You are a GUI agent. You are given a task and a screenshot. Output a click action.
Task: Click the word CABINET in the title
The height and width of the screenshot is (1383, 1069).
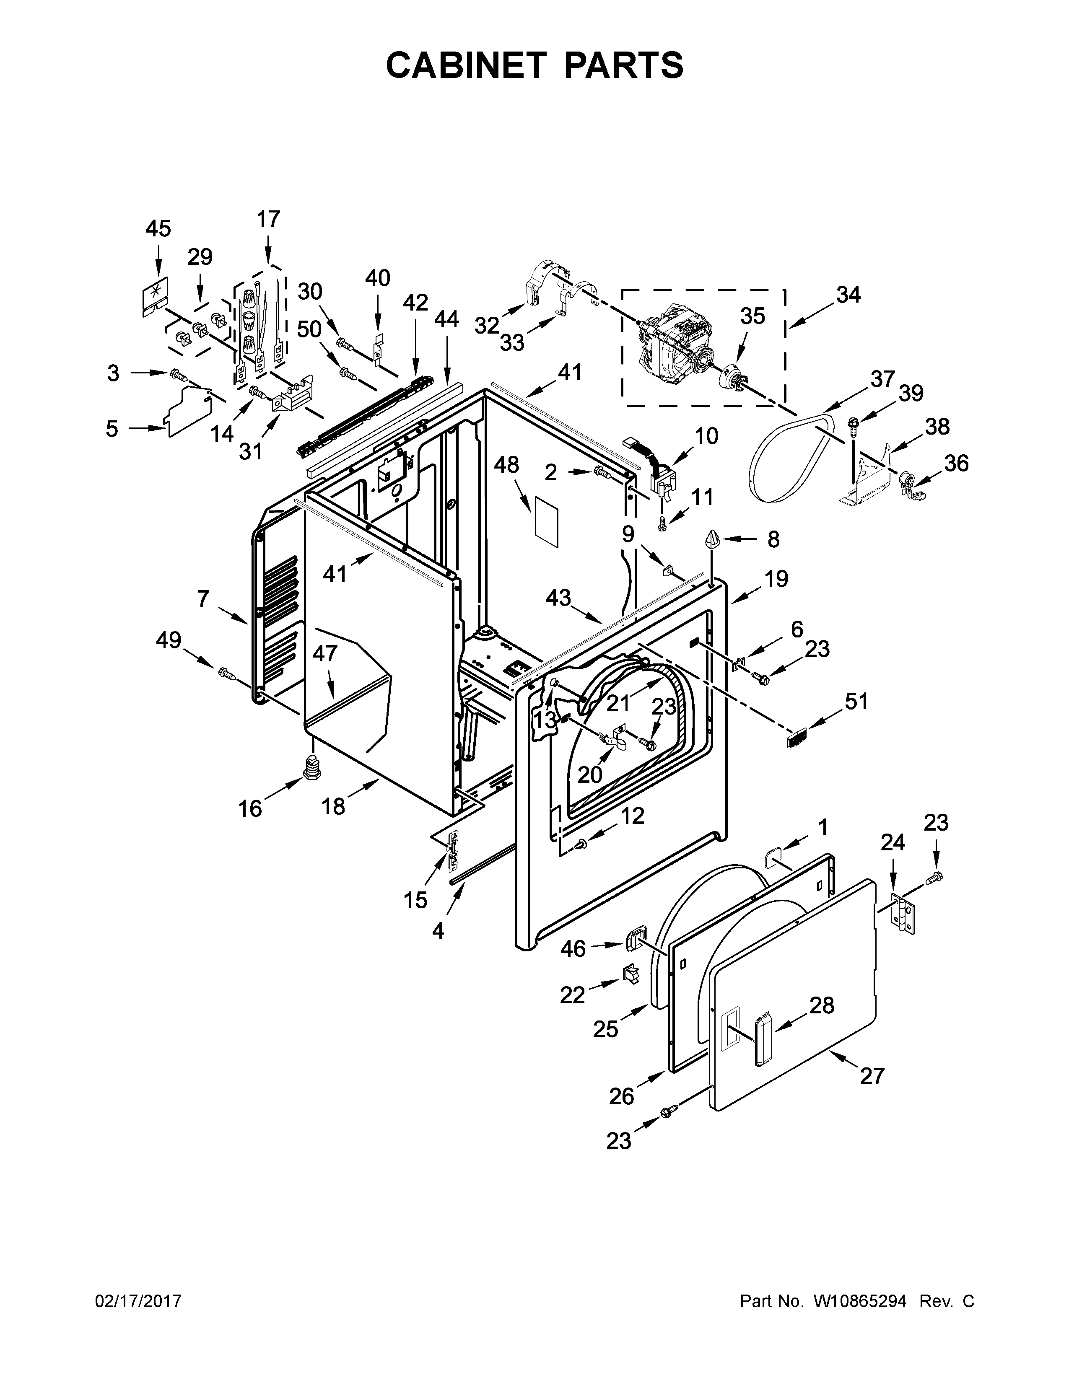[465, 65]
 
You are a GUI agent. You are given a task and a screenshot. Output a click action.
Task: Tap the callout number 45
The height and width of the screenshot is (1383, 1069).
[158, 228]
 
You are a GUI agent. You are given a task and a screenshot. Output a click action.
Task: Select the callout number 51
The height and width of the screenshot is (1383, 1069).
[856, 702]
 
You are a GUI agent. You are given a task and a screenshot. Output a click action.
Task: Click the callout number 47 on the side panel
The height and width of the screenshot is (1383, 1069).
[325, 653]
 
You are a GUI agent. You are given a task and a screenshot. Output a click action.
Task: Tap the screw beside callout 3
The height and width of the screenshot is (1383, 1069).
[179, 376]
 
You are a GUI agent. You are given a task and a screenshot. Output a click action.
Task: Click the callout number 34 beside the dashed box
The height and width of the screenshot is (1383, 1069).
[848, 295]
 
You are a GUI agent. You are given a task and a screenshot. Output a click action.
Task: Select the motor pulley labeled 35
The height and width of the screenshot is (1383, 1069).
[733, 379]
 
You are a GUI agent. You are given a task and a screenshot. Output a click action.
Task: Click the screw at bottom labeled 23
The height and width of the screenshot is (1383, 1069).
[669, 1111]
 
